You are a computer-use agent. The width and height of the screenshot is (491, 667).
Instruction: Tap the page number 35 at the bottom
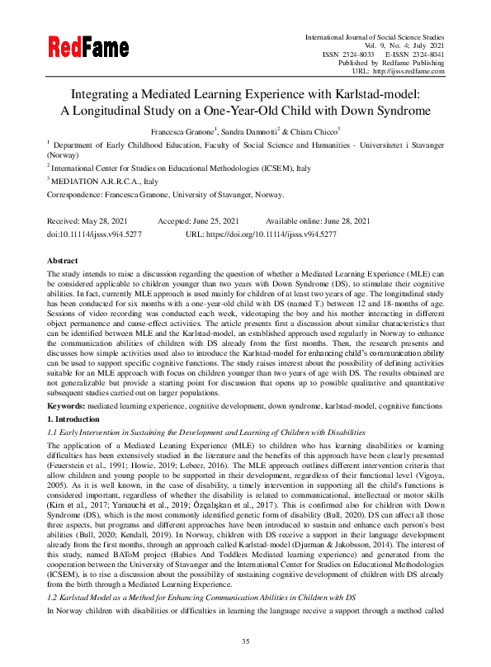pyautogui.click(x=245, y=641)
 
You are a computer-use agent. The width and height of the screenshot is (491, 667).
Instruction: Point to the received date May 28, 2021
pyautogui.click(x=108, y=221)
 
